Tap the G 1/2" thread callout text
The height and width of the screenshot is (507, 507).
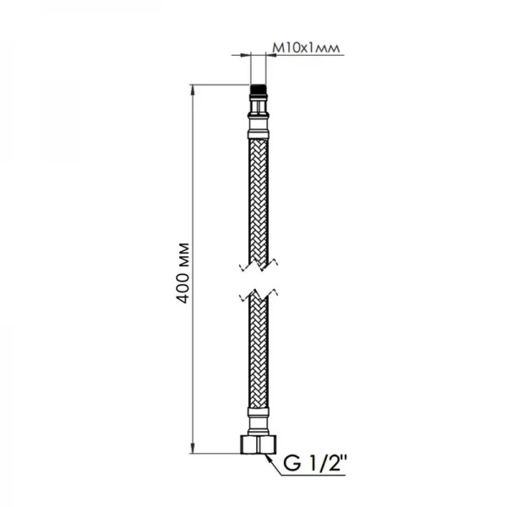(x=314, y=463)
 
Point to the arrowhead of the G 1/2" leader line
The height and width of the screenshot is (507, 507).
(x=268, y=455)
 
